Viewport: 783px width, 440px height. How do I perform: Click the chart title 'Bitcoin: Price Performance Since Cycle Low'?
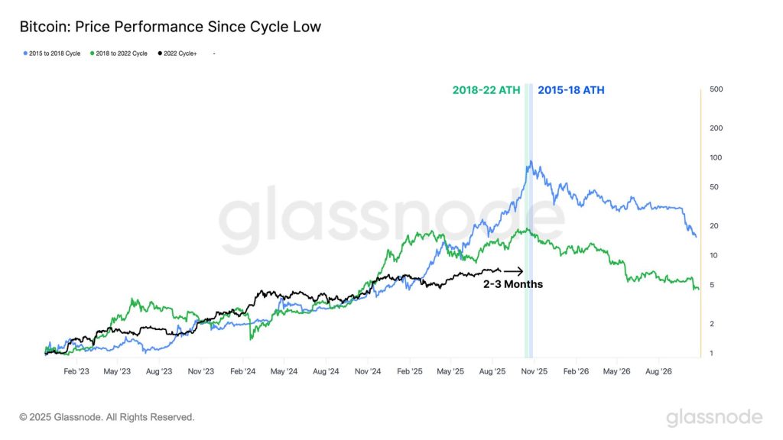point(170,27)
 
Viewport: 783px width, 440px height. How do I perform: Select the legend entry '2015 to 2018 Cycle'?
point(51,53)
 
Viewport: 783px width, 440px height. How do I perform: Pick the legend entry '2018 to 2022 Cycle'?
point(120,53)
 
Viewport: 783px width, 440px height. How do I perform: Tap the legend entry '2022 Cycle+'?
point(177,53)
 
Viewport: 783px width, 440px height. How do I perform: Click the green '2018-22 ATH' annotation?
point(486,90)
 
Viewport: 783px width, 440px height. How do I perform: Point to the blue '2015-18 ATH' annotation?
point(570,90)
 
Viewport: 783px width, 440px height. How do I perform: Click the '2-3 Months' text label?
point(512,284)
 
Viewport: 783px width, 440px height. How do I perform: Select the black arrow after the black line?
point(513,271)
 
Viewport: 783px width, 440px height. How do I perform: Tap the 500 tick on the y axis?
point(716,90)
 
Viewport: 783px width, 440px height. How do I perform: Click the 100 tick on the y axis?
point(716,157)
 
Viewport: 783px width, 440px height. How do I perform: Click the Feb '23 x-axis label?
point(76,372)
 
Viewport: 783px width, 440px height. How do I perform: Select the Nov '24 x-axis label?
point(367,372)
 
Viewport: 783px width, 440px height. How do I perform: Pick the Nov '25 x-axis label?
point(534,372)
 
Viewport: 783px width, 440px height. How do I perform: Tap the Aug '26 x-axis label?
point(658,372)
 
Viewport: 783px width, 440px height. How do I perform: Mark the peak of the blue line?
point(531,162)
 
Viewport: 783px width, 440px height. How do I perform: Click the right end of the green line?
point(698,289)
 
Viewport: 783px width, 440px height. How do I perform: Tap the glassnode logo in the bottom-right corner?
point(714,417)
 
